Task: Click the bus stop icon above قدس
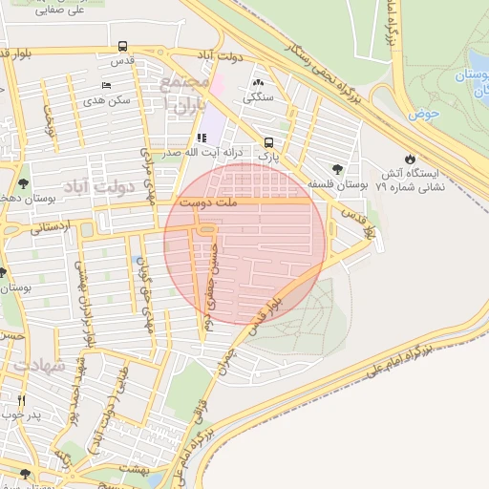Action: (x=122, y=46)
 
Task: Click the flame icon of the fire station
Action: (x=411, y=159)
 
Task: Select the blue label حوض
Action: (x=422, y=114)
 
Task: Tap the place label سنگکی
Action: (x=259, y=97)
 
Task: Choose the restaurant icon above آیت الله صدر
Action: (x=202, y=138)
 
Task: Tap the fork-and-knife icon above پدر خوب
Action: (x=21, y=400)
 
